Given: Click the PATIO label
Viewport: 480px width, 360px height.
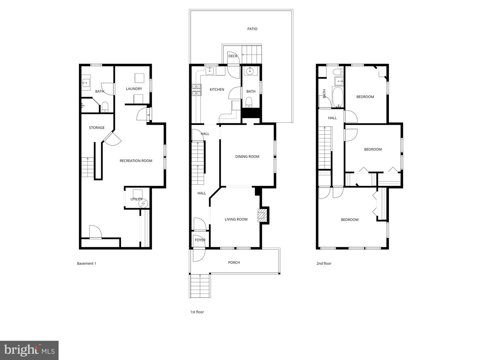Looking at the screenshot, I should coord(252,29).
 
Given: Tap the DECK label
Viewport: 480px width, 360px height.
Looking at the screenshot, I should coord(233,56).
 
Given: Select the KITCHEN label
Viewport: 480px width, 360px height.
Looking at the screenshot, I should coord(217,90).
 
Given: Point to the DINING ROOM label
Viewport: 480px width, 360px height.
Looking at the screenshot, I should coord(247,157).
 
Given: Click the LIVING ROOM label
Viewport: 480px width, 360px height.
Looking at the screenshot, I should coord(236,219).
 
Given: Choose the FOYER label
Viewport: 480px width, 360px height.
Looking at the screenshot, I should coord(200,240).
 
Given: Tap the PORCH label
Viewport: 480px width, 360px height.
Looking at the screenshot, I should coord(234,263).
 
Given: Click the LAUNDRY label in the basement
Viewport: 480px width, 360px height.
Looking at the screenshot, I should coord(134,89).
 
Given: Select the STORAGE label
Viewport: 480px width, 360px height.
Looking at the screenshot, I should coord(97,128).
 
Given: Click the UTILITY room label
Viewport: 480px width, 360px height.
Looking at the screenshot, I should coord(136,199).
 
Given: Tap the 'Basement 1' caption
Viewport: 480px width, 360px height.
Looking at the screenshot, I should coord(86,264).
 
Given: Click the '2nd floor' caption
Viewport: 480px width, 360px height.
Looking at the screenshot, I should coord(324,264).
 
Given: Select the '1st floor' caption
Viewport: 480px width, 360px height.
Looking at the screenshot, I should coord(197,312).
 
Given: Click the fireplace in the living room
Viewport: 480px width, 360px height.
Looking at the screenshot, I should coord(262,215).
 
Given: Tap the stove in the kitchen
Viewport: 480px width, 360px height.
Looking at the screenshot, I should coord(196,90).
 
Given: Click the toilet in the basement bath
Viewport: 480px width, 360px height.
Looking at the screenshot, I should coord(105,107).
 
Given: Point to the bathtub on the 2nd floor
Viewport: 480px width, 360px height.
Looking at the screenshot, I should coord(337,97).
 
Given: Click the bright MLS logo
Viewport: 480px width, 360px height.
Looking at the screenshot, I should coord(29,350).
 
